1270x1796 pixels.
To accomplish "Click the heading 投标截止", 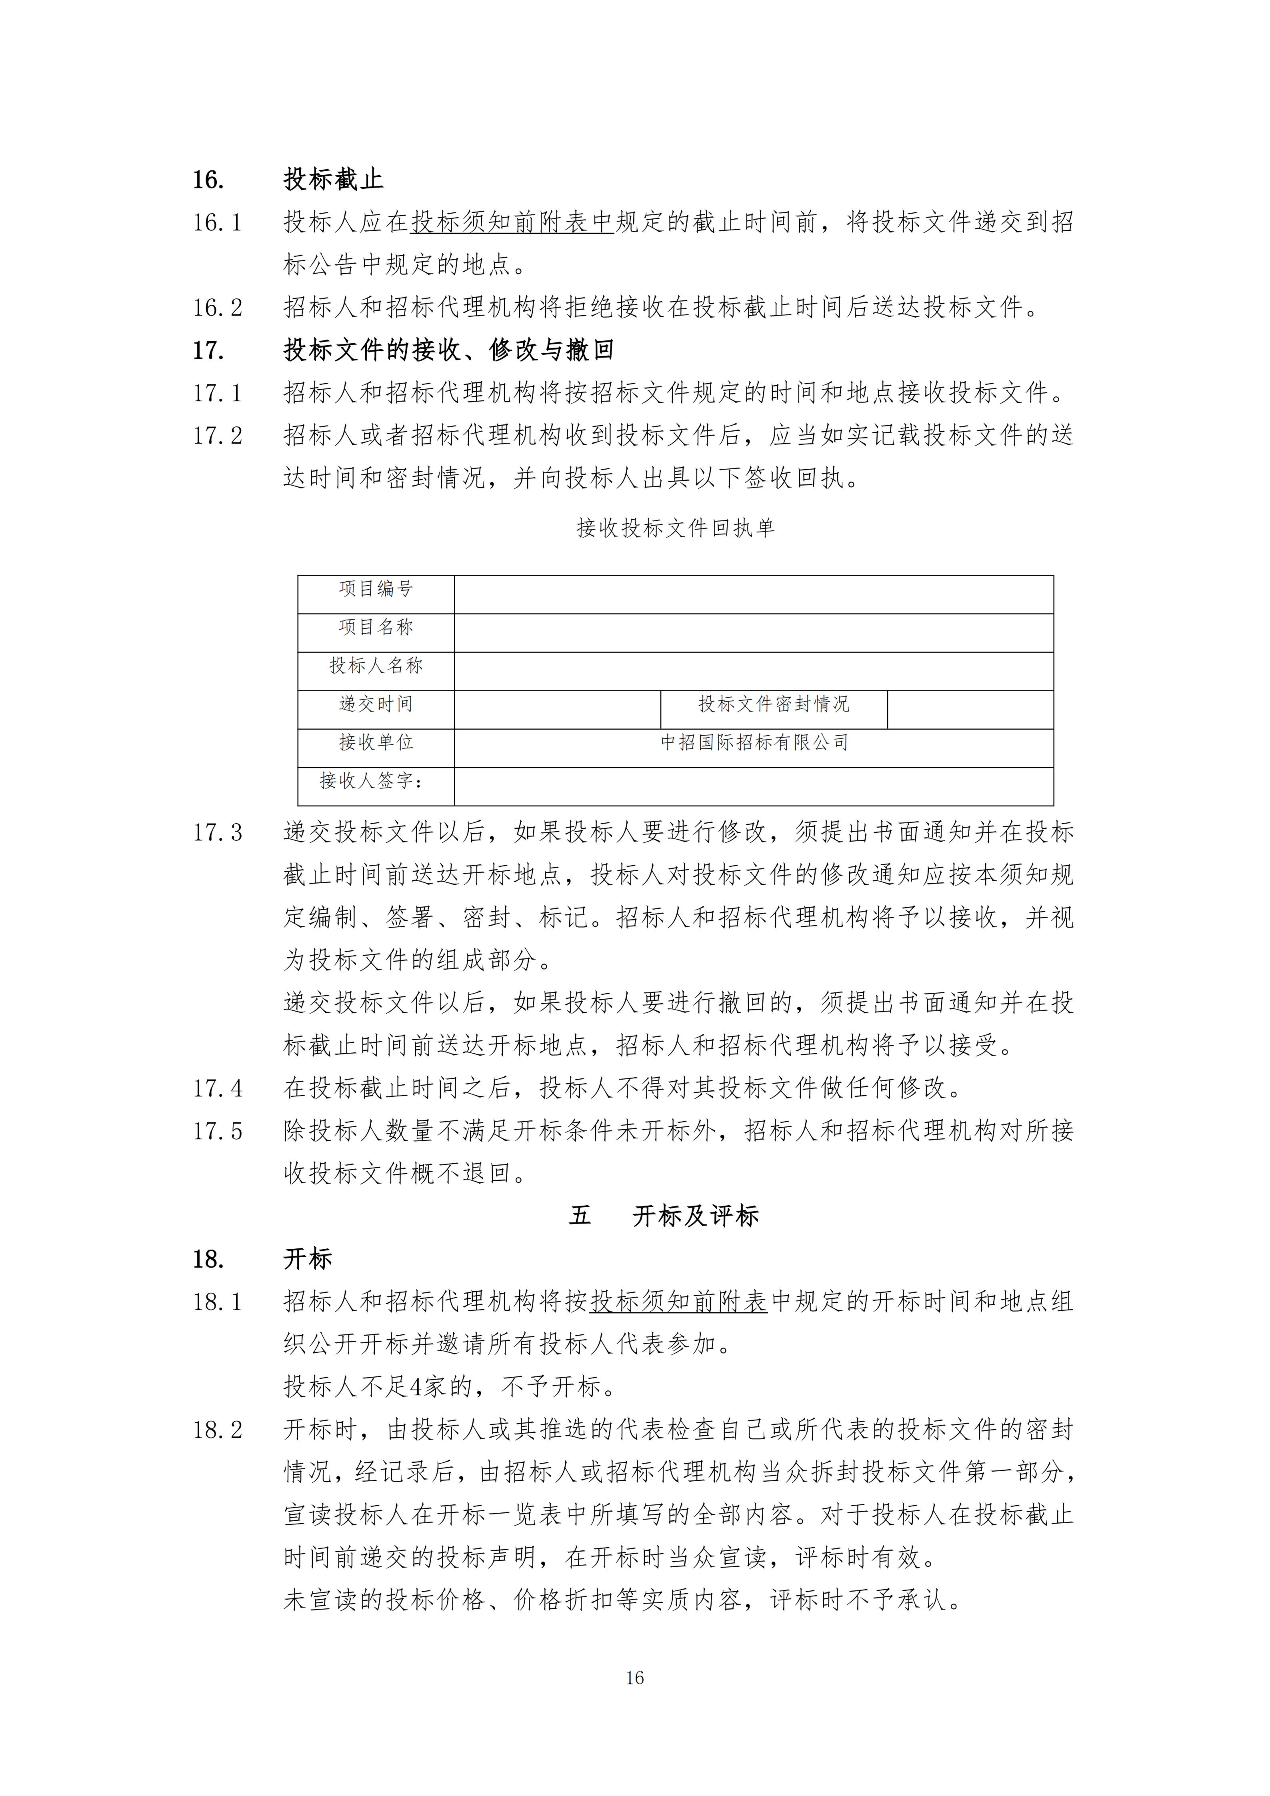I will (x=333, y=180).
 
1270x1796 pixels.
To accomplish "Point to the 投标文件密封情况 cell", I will (x=774, y=704).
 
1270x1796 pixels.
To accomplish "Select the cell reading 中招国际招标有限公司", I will (x=754, y=742).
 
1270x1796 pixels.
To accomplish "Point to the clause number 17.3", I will (x=218, y=833).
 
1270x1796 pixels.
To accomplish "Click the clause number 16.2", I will (x=218, y=308).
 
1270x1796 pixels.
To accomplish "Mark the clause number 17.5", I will (x=218, y=1131).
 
